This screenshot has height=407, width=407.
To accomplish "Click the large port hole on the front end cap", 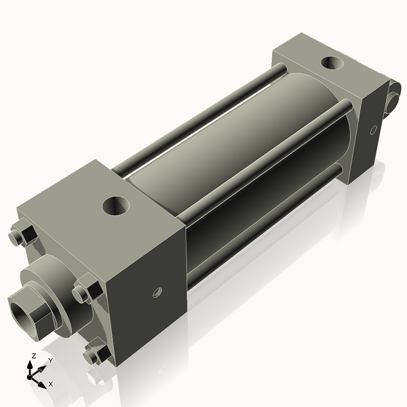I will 115,205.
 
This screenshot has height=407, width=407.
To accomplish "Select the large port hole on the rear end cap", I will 331,63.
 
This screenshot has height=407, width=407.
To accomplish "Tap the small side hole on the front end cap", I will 157,292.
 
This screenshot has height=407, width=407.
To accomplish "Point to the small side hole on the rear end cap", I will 373,129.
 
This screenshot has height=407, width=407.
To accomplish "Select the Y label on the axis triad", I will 50,361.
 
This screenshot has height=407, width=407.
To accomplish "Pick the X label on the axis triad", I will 50,384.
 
